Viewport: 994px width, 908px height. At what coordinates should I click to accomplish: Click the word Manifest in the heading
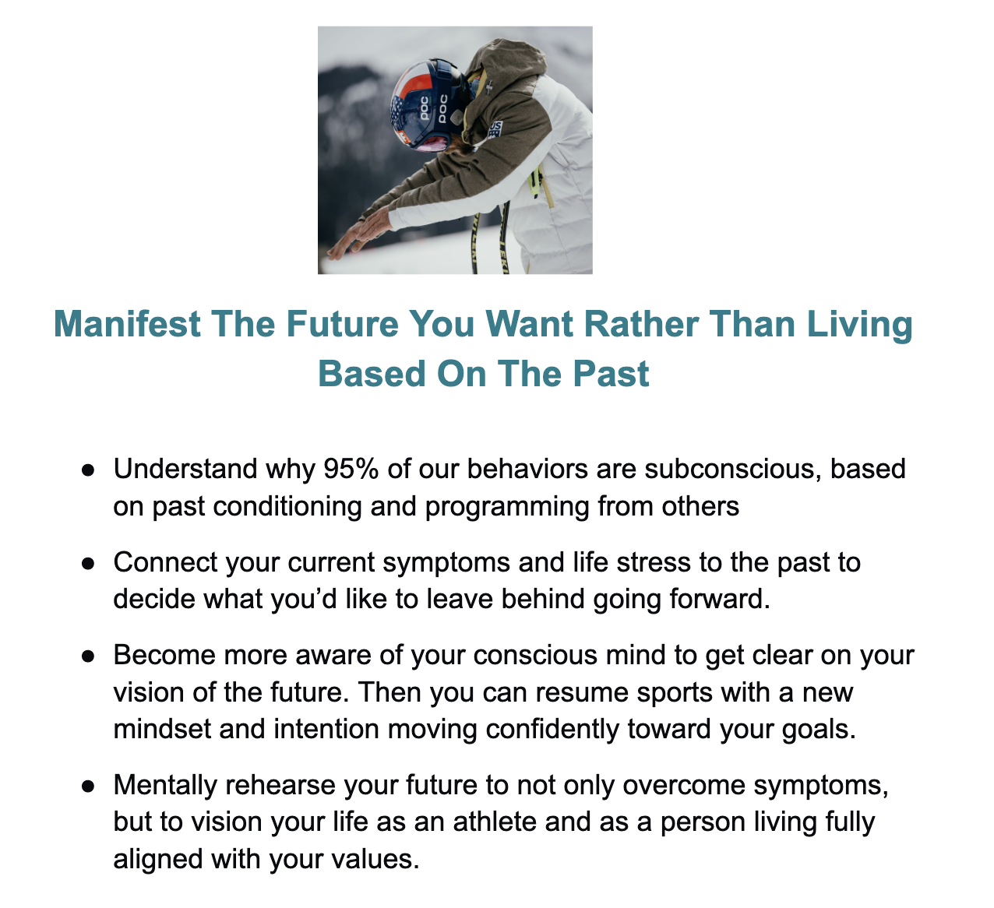[x=127, y=324]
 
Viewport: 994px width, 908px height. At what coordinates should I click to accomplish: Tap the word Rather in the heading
[x=642, y=324]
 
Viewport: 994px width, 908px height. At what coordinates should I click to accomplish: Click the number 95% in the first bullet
[x=351, y=469]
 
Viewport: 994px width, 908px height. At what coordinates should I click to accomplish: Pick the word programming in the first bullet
[x=507, y=507]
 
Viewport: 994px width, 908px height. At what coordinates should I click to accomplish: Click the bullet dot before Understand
[x=88, y=470]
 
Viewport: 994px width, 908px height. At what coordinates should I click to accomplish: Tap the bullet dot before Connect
[x=88, y=564]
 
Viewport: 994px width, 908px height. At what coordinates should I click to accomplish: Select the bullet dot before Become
[x=88, y=656]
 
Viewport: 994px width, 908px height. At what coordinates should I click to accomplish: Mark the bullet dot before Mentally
[x=88, y=787]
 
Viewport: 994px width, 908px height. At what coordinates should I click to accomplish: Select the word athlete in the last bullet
[x=495, y=822]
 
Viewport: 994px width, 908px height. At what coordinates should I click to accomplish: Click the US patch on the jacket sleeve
[x=495, y=130]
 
